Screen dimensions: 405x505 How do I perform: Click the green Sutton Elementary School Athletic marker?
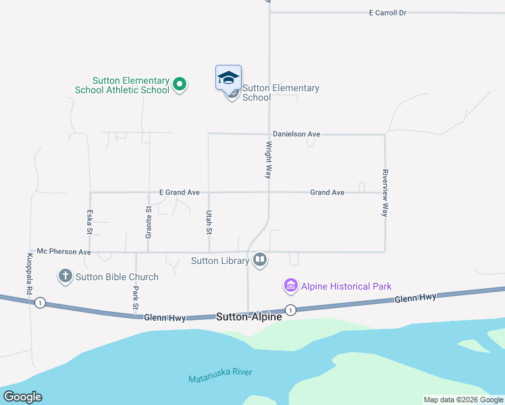180,84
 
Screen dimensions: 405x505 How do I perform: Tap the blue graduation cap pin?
228,77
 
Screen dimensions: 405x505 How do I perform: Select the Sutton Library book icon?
260,260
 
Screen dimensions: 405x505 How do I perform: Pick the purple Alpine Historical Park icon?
291,286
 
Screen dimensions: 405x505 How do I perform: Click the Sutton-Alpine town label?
249,316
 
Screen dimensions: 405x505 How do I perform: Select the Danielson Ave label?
296,134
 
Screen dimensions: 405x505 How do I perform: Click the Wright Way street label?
268,159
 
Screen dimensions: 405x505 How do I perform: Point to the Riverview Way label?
385,192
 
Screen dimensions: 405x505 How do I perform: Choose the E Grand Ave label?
179,192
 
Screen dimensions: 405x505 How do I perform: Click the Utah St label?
209,221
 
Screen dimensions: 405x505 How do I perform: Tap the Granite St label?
149,221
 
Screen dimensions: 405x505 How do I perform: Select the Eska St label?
90,221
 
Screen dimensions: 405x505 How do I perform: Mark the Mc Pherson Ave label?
63,252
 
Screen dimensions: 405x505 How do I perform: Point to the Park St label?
136,296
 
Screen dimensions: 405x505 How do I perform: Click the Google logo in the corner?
22,397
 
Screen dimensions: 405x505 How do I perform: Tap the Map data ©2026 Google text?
464,400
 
